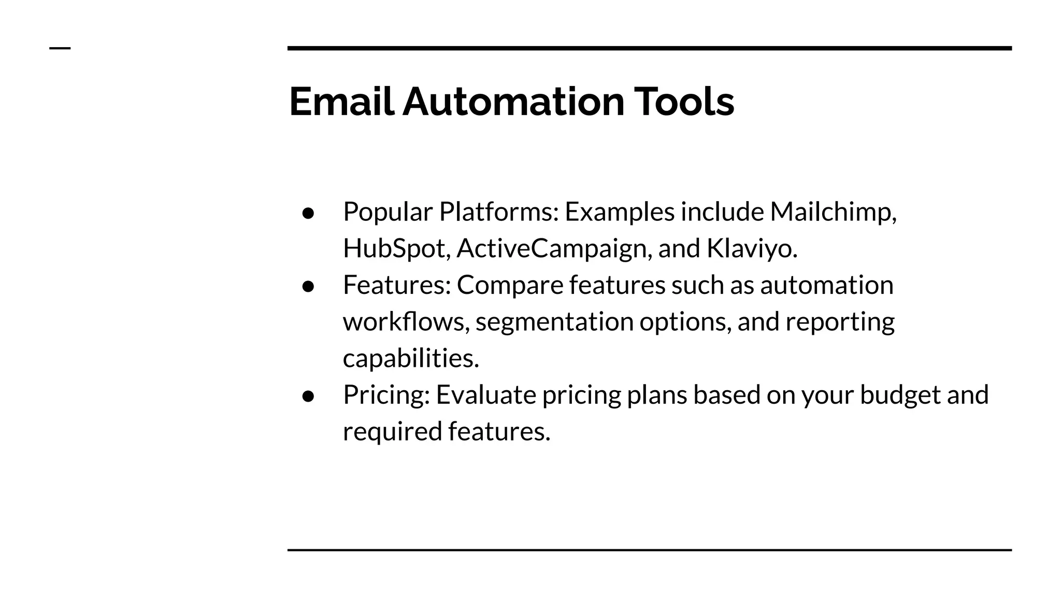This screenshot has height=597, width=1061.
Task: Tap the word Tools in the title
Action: [684, 102]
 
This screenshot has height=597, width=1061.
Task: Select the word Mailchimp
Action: [833, 212]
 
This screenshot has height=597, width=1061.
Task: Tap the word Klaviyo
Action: [751, 249]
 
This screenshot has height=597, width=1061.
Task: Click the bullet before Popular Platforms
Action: [308, 213]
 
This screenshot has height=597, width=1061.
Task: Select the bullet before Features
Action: [308, 287]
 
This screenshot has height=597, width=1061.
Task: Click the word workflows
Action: [406, 322]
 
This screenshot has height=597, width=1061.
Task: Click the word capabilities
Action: [411, 359]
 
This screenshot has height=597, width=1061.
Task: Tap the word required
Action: [392, 432]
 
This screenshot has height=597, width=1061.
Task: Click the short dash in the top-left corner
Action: [60, 48]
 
